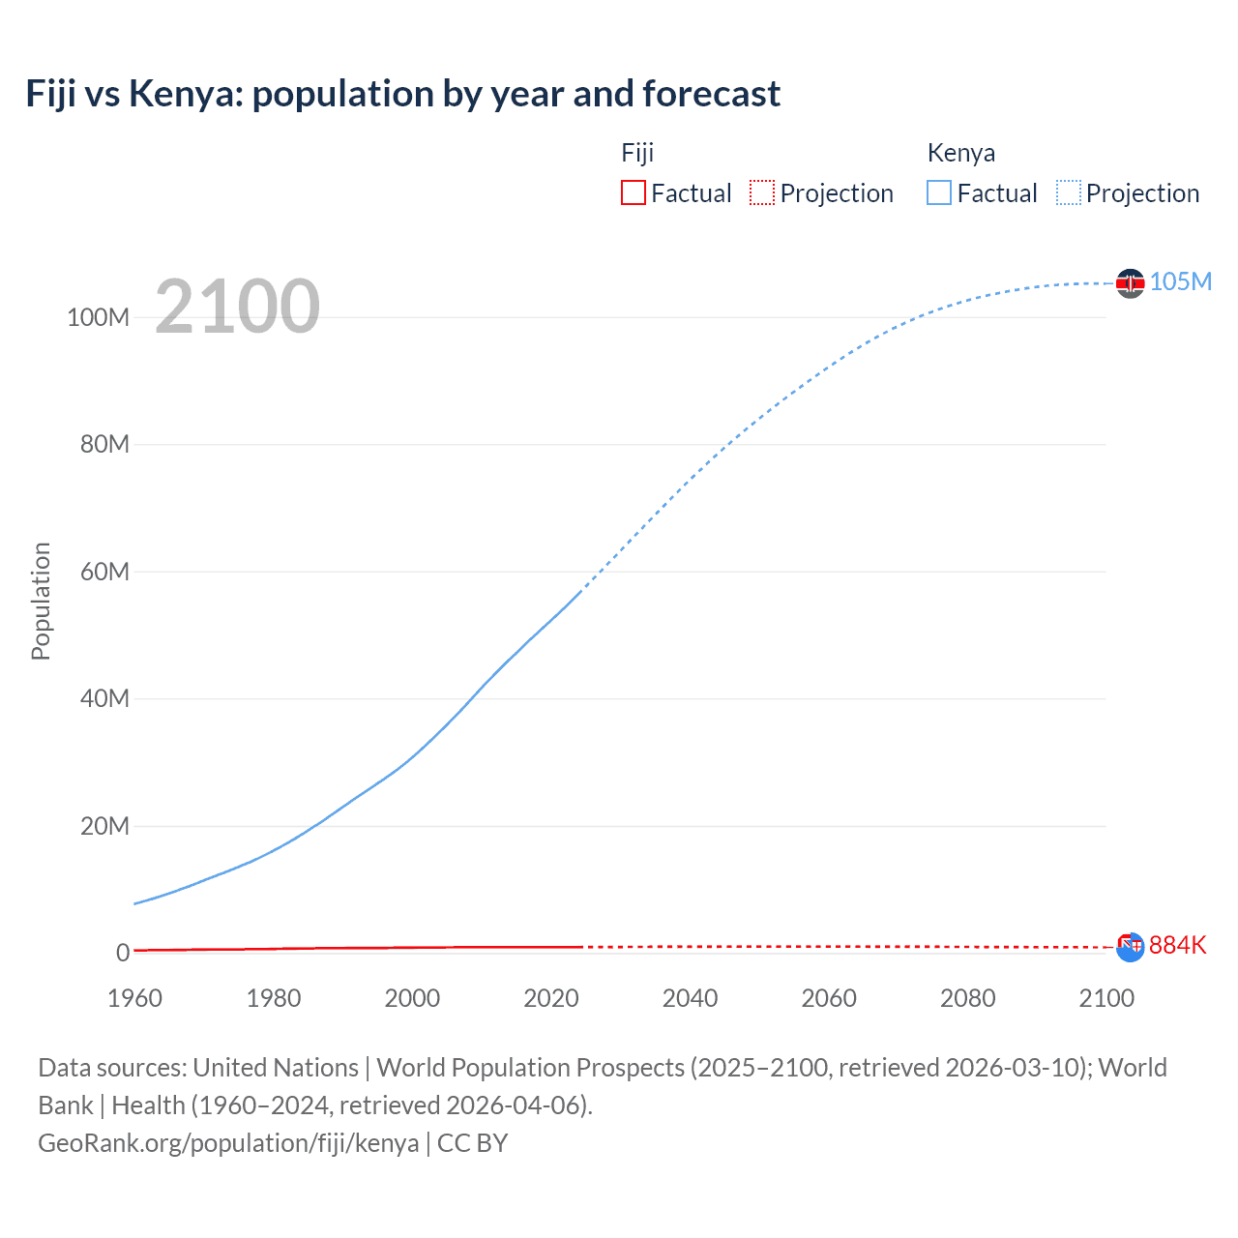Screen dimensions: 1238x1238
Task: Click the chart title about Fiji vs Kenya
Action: [x=402, y=94]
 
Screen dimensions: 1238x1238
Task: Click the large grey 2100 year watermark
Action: [x=237, y=307]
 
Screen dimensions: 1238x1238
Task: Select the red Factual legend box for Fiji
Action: [x=633, y=193]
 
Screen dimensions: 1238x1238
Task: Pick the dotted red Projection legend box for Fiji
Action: [x=762, y=193]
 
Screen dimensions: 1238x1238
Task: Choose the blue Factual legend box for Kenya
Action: [x=938, y=193]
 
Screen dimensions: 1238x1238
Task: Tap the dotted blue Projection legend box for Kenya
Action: [x=1068, y=193]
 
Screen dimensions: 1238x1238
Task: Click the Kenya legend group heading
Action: [x=960, y=153]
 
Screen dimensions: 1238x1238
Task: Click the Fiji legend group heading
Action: [x=637, y=153]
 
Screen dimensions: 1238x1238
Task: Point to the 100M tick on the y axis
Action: [x=98, y=317]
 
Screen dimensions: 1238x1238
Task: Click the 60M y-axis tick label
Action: [x=104, y=572]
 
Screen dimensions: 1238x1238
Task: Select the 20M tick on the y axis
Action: [x=104, y=826]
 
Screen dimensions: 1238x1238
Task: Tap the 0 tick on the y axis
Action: [x=123, y=953]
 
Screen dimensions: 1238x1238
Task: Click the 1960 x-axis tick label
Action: [x=134, y=998]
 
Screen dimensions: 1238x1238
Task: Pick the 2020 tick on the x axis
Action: [x=551, y=998]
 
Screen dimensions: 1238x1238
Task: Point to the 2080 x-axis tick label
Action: [x=967, y=998]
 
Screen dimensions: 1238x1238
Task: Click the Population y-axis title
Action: [x=41, y=601]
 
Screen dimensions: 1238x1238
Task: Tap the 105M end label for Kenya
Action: [x=1180, y=281]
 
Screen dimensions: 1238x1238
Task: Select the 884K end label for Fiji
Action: [x=1177, y=945]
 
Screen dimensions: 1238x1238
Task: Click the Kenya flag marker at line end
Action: [x=1130, y=283]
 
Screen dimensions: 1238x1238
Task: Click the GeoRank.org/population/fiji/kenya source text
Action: [x=228, y=1143]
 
